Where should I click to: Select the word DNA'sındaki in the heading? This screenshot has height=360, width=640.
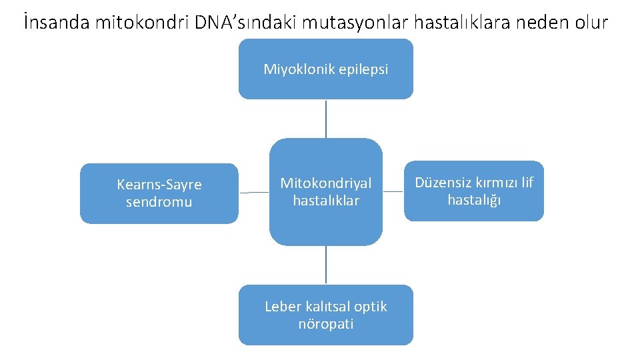tap(246, 23)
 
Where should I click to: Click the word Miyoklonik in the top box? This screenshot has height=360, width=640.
tap(295, 69)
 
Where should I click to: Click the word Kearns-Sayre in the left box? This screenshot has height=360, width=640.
tap(159, 185)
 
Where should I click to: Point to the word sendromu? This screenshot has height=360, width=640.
tap(159, 202)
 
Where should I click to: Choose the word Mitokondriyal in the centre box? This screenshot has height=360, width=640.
tap(326, 183)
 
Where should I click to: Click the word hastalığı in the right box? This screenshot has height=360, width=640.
tap(474, 200)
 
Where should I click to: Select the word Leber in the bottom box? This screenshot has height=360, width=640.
tap(283, 307)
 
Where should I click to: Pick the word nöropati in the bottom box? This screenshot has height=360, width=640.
tap(326, 324)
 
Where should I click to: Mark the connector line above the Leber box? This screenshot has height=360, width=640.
tap(326, 265)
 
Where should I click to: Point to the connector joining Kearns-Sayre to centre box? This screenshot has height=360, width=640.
tap(253, 193)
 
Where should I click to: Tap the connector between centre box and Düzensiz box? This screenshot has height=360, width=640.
tap(393, 192)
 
